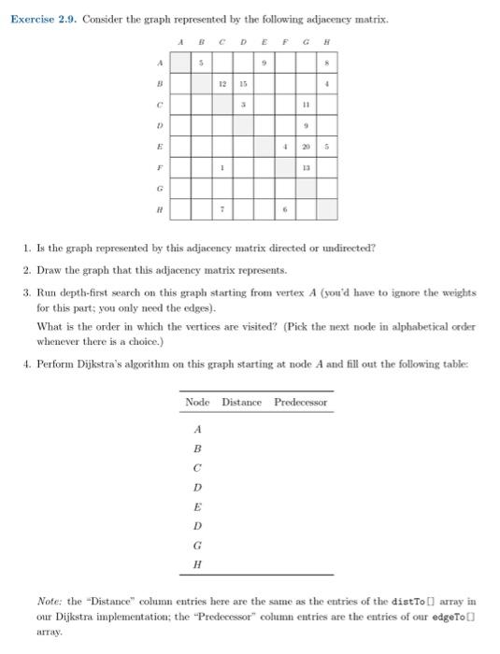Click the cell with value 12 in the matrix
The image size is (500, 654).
pyautogui.click(x=221, y=83)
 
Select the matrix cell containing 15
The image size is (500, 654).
pyautogui.click(x=242, y=83)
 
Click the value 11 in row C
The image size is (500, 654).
pyautogui.click(x=306, y=105)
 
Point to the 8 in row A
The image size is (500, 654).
pyautogui.click(x=327, y=62)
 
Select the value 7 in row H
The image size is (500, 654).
pyautogui.click(x=221, y=211)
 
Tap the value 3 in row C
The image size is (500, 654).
pyautogui.click(x=242, y=105)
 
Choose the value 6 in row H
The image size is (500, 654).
pyautogui.click(x=284, y=211)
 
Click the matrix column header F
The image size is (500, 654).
pyautogui.click(x=286, y=42)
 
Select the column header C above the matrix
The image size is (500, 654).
pyautogui.click(x=221, y=42)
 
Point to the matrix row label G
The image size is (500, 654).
pyautogui.click(x=160, y=190)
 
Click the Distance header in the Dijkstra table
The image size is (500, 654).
pyautogui.click(x=241, y=403)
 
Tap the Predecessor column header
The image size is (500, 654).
pyautogui.click(x=300, y=403)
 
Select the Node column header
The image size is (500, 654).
pyautogui.click(x=197, y=403)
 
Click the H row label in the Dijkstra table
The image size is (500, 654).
pyautogui.click(x=196, y=564)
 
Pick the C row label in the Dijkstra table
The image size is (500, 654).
pyautogui.click(x=196, y=468)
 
